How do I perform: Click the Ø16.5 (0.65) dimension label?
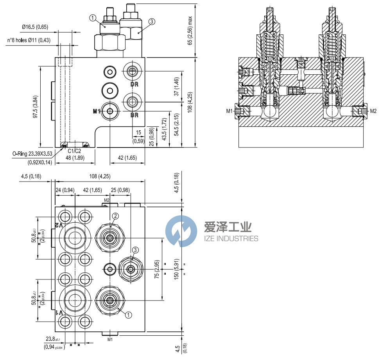pyautogui.click(x=35, y=27)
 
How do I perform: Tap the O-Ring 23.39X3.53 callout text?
pyautogui.click(x=32, y=155)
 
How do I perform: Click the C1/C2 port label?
pyautogui.click(x=74, y=151)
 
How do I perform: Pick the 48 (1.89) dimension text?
pyautogui.click(x=74, y=158)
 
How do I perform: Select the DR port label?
pyautogui.click(x=134, y=84)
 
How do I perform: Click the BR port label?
pyautogui.click(x=134, y=115)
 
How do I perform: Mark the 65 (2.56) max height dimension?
pyautogui.click(x=190, y=31)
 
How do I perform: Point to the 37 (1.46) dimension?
pyautogui.click(x=177, y=86)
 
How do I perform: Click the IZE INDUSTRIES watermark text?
pyautogui.click(x=231, y=239)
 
